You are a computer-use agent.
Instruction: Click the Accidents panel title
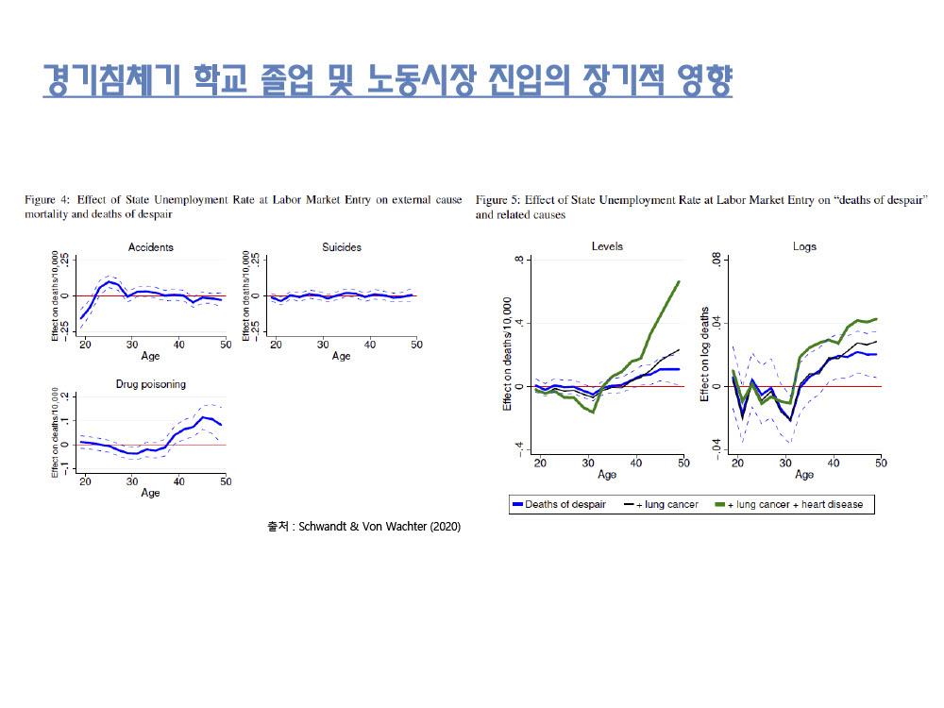tap(150, 247)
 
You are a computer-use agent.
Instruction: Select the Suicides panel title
tap(342, 247)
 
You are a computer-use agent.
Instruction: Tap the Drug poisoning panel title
tap(150, 385)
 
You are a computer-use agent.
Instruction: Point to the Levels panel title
tap(606, 246)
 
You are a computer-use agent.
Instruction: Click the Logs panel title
tap(804, 246)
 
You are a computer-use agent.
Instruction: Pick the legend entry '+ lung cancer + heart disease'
tap(793, 505)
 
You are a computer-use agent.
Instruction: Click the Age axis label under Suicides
tap(342, 356)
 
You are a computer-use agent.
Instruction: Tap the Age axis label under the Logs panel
tap(804, 474)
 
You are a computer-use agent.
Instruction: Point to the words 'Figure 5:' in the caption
tap(497, 200)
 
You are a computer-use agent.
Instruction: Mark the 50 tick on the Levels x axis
tap(683, 462)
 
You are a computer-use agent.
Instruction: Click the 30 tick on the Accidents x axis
tap(131, 344)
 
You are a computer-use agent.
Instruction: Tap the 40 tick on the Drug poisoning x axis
tap(178, 481)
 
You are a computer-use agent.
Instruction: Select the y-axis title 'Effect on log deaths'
tap(705, 354)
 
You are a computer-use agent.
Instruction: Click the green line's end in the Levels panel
tap(679, 280)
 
